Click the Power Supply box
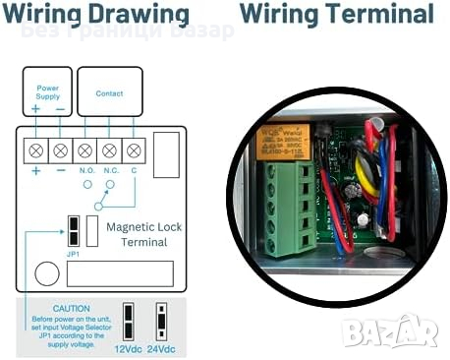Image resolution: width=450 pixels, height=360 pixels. click(x=47, y=91)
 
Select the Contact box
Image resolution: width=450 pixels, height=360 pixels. click(x=109, y=92)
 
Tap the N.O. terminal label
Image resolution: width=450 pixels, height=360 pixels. click(x=86, y=170)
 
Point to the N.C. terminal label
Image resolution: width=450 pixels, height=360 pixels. click(x=111, y=170)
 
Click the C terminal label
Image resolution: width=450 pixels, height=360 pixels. click(x=134, y=170)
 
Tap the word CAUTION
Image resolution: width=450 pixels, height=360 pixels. click(x=72, y=308)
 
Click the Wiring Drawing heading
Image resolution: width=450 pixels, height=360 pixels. click(x=95, y=15)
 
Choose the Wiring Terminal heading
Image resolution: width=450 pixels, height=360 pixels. click(x=336, y=15)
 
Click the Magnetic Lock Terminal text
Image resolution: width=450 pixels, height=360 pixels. click(x=143, y=233)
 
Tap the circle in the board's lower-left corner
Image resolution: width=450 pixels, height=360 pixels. click(x=44, y=272)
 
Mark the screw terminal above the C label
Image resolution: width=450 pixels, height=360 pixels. click(x=134, y=150)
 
